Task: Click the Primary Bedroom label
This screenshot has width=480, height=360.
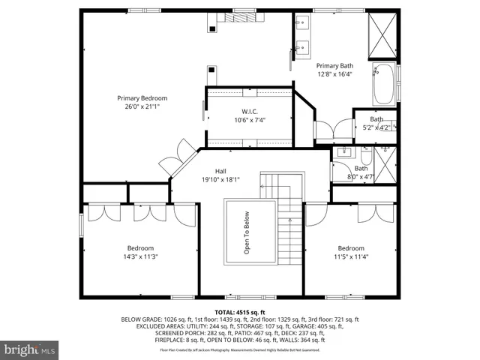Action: pyautogui.click(x=142, y=97)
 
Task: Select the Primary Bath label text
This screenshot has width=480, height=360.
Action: pyautogui.click(x=334, y=65)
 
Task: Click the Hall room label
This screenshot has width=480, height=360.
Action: pyautogui.click(x=220, y=170)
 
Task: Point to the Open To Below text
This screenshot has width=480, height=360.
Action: pyautogui.click(x=247, y=232)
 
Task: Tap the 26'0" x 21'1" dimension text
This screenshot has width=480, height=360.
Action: pyautogui.click(x=142, y=107)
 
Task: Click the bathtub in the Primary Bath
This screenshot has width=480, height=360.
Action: pyautogui.click(x=385, y=85)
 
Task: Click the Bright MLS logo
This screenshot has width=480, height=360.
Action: pyautogui.click(x=30, y=349)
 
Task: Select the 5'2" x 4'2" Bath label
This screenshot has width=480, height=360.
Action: pyautogui.click(x=376, y=127)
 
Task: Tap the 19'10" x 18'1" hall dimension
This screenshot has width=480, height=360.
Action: pyautogui.click(x=220, y=179)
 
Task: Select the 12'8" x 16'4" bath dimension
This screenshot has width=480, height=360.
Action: pyautogui.click(x=334, y=74)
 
